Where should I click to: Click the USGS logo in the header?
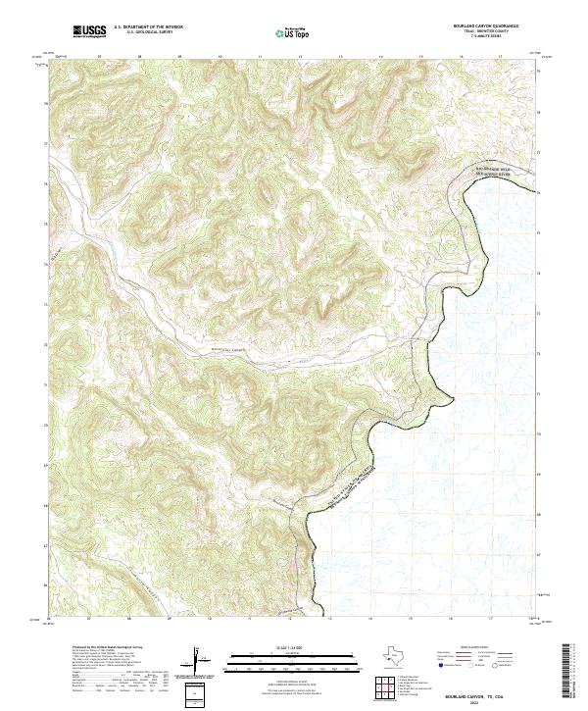(88, 32)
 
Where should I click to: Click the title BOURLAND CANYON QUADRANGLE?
(486, 27)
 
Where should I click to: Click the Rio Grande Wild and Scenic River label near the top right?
(495, 172)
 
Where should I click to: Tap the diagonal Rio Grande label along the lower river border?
(343, 481)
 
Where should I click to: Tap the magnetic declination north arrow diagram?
(196, 661)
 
